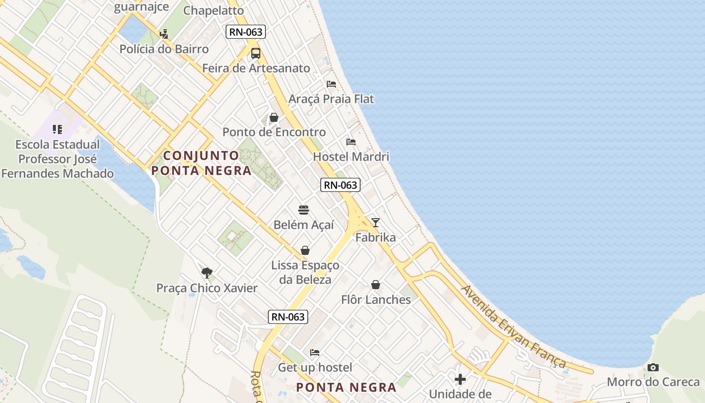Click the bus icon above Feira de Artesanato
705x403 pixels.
point(256,53)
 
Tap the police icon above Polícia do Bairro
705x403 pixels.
point(164,34)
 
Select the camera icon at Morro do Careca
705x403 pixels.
point(653,367)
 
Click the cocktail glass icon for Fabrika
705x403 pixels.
point(375,222)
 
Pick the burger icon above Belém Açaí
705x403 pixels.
point(304,210)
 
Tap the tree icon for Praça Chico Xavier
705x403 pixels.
point(206,273)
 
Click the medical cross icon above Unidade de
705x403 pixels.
point(460,379)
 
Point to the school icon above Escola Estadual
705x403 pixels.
point(57,129)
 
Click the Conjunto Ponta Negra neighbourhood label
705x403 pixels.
point(201,163)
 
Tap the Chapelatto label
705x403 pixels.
point(214,10)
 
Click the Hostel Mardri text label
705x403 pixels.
point(351,156)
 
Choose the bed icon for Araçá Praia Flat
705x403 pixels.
point(331,84)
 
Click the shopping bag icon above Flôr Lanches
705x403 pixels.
point(375,285)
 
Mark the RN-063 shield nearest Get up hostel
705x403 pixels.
point(288,316)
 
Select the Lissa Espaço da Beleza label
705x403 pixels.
point(305,272)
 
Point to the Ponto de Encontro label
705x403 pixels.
point(274,132)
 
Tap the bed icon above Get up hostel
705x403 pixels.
point(315,352)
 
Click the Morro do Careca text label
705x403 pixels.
point(653,382)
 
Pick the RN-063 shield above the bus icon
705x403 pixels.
point(245,32)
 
